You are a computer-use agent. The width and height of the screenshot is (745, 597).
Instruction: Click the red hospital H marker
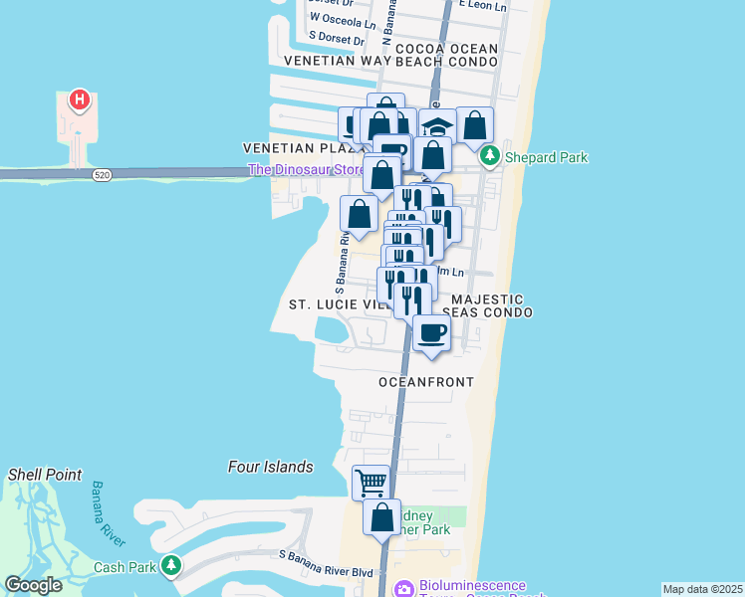(79, 100)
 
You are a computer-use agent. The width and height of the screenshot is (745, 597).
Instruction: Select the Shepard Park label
(546, 157)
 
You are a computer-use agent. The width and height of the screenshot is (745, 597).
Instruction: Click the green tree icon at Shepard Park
(489, 156)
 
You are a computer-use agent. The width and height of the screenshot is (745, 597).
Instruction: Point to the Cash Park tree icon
(171, 566)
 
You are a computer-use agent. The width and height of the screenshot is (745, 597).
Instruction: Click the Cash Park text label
(123, 567)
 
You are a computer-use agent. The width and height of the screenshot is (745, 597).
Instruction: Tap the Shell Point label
(45, 475)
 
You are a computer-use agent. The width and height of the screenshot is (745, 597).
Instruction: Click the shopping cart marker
(371, 483)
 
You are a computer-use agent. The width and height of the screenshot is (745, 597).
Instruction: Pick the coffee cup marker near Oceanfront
(431, 333)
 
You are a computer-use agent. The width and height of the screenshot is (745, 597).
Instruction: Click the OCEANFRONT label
(426, 382)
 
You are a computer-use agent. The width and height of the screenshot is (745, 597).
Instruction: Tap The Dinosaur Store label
(306, 170)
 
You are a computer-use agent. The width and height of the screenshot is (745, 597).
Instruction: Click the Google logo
(34, 585)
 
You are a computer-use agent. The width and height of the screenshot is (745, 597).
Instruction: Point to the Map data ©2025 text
(703, 589)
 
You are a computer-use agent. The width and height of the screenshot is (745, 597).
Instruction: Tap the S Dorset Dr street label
(337, 39)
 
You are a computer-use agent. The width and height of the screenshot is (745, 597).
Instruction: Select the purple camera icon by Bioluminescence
(403, 589)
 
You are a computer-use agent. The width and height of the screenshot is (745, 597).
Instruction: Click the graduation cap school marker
(435, 126)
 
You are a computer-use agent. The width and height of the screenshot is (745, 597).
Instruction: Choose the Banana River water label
(109, 513)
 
